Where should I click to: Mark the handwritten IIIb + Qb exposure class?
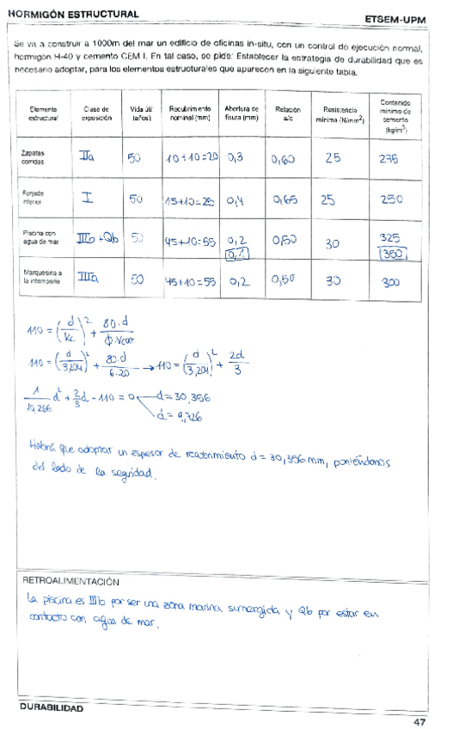tap(97, 238)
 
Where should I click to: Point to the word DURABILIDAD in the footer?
tap(52, 708)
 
